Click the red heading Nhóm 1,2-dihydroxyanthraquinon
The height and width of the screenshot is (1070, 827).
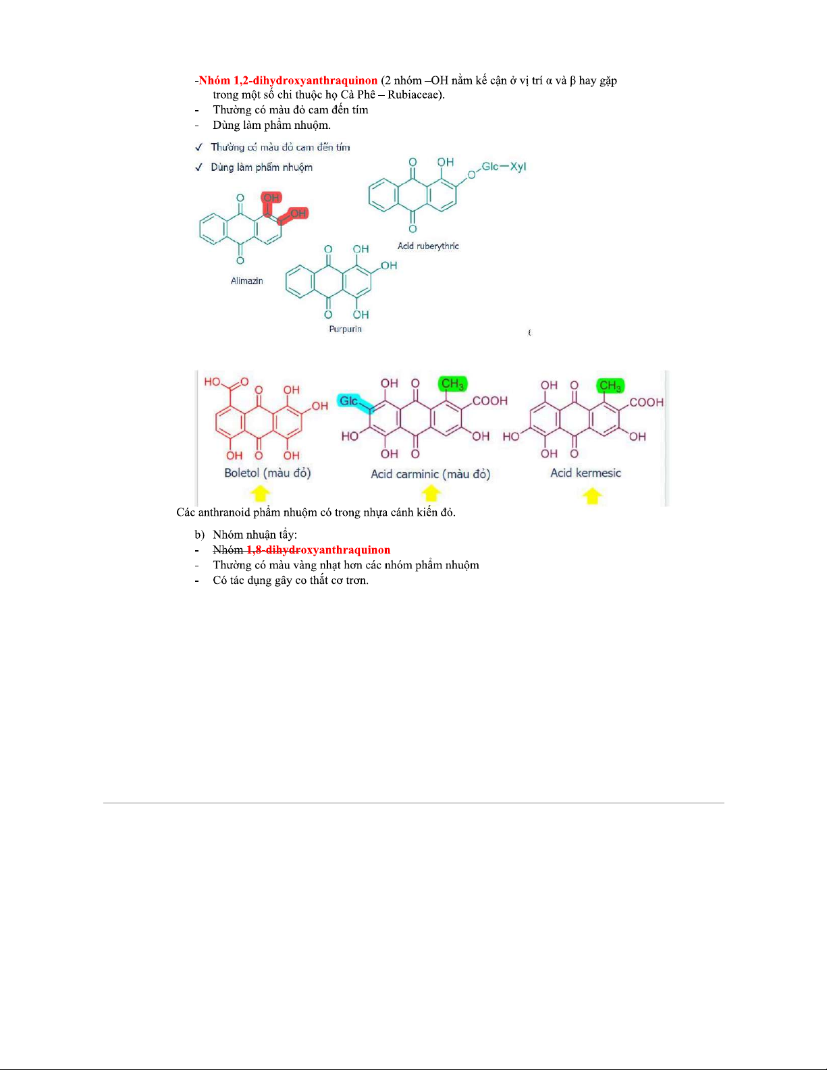[x=288, y=80]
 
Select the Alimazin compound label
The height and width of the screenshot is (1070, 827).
[x=246, y=281]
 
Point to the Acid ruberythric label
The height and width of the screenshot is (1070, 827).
[x=428, y=246]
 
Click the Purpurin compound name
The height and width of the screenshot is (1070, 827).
[x=345, y=329]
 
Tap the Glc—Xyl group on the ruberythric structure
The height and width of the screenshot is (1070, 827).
[x=504, y=166]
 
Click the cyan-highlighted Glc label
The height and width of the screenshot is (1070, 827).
[x=349, y=401]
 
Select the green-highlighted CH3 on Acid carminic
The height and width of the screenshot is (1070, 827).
[x=452, y=384]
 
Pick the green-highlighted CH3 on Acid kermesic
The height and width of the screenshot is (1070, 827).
[x=610, y=385]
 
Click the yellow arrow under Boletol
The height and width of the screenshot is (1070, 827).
[x=260, y=493]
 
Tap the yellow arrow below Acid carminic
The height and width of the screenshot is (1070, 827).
[x=431, y=493]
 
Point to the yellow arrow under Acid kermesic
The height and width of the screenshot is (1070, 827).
[x=592, y=496]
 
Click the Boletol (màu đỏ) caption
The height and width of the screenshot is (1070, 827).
[x=267, y=473]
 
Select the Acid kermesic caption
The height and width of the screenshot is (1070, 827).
[x=585, y=473]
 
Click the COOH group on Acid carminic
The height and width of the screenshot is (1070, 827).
[x=490, y=400]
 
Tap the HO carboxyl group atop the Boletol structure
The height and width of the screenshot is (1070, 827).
[x=213, y=381]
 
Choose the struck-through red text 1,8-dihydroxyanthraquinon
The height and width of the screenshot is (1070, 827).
[x=318, y=550]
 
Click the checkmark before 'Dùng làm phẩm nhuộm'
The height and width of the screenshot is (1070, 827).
[x=198, y=167]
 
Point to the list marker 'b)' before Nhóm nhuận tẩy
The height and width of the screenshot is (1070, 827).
[x=199, y=535]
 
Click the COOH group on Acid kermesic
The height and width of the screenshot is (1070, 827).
[x=646, y=402]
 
